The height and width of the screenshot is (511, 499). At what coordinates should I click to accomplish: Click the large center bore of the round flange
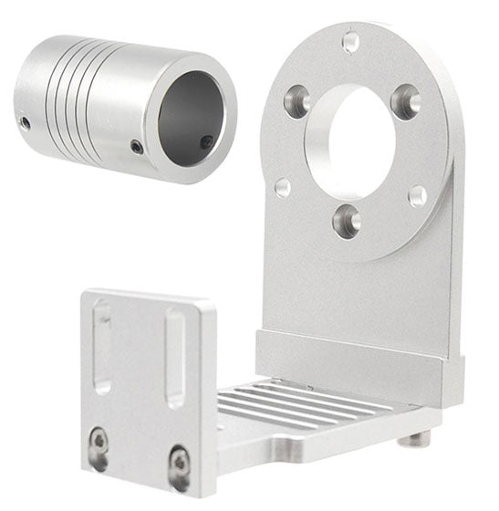352,142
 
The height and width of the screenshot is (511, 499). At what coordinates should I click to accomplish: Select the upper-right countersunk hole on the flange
405,101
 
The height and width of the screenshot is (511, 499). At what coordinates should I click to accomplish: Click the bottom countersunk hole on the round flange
347,220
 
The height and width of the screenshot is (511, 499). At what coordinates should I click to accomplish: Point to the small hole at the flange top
350,41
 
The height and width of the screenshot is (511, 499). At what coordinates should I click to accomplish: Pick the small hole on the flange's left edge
282,187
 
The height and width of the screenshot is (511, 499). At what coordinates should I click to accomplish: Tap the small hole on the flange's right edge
417,195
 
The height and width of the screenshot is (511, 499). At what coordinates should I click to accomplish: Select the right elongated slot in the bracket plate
174,358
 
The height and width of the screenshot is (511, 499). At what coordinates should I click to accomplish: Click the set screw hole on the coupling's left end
26,122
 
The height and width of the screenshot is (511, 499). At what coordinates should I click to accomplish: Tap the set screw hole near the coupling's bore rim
137,146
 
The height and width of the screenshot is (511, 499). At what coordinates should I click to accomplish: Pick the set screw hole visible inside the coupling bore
207,141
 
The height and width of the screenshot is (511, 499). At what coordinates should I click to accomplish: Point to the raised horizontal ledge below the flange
356,356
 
